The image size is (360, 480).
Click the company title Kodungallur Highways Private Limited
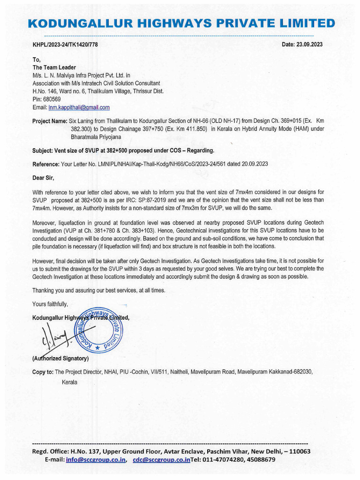click(181, 23)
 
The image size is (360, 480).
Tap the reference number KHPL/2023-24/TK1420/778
click(65, 45)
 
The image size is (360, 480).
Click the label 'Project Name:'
click(50, 121)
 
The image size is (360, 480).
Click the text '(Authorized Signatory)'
click(59, 359)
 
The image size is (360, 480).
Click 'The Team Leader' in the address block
click(54, 67)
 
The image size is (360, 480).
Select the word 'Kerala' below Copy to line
click(70, 382)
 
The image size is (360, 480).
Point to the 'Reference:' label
click(46, 164)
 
